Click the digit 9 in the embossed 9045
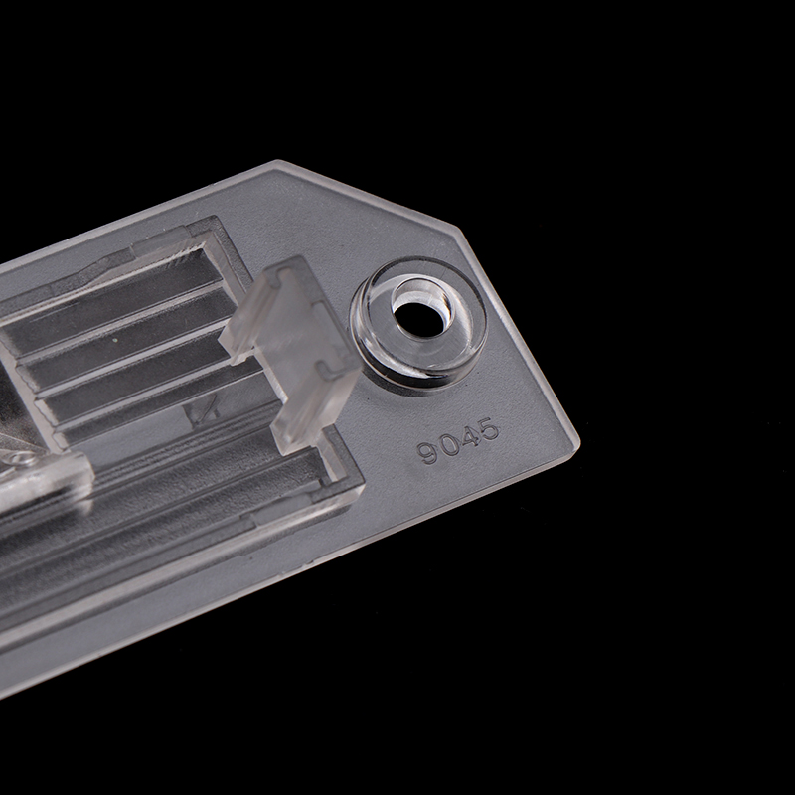click(427, 452)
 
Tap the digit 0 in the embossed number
click(448, 444)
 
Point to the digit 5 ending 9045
click(488, 429)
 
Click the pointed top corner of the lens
click(277, 162)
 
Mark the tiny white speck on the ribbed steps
click(116, 340)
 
